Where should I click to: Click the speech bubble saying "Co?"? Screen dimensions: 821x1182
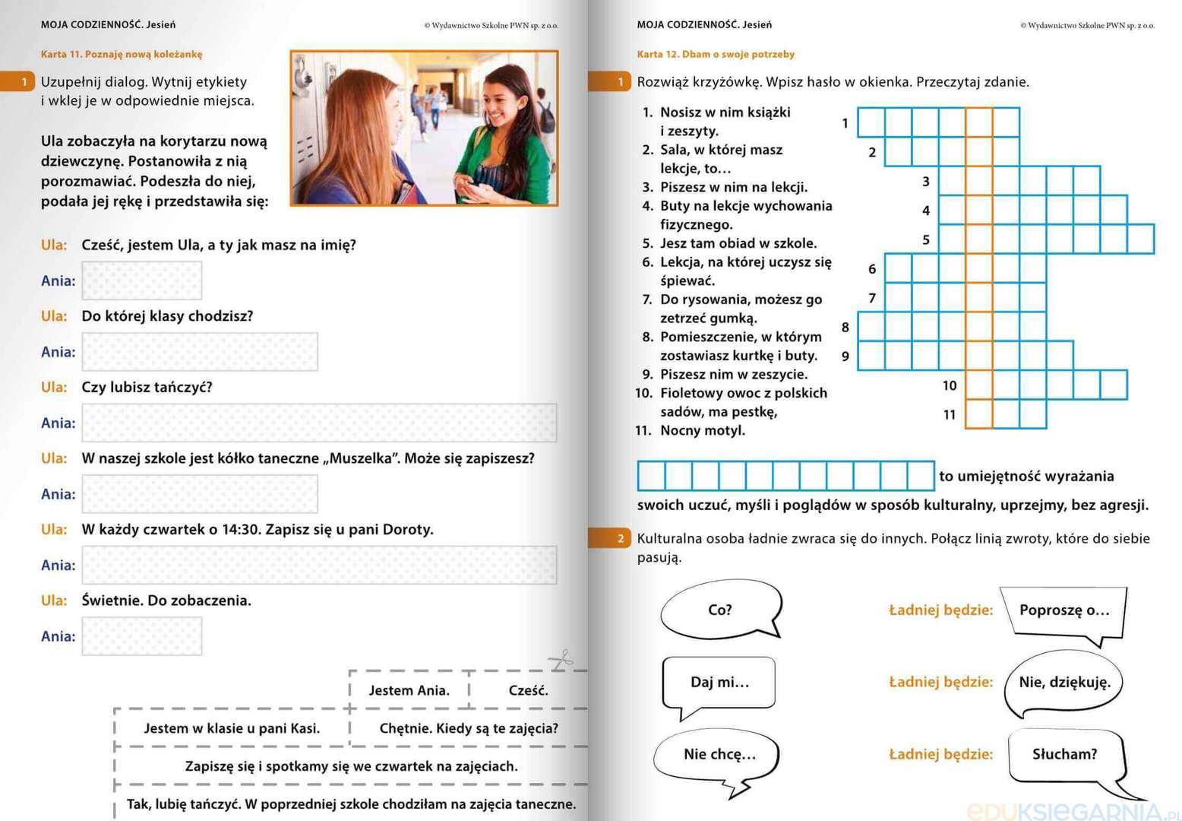(x=719, y=610)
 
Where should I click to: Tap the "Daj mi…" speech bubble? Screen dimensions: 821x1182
(x=719, y=682)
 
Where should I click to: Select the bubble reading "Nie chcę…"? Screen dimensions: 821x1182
(x=719, y=754)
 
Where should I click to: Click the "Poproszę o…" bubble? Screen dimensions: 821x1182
(x=1063, y=610)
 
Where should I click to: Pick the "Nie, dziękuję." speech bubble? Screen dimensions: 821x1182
(x=1063, y=682)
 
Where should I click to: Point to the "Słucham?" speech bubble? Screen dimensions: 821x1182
(x=1063, y=754)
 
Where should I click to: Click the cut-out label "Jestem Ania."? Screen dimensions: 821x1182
(x=409, y=690)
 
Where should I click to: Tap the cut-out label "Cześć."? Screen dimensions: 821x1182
(x=528, y=690)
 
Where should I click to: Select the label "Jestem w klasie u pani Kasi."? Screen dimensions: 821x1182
(x=232, y=728)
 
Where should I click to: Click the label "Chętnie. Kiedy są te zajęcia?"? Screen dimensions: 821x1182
(x=468, y=728)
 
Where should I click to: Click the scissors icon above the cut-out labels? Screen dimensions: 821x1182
(x=561, y=660)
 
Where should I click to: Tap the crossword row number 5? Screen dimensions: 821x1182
(x=926, y=240)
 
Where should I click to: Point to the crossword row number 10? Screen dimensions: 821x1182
(x=950, y=386)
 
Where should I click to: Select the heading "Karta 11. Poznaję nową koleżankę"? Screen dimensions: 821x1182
(x=122, y=54)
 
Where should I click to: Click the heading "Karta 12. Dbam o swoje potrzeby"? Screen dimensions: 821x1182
(x=716, y=54)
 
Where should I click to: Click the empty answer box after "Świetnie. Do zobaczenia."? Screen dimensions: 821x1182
(x=142, y=636)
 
